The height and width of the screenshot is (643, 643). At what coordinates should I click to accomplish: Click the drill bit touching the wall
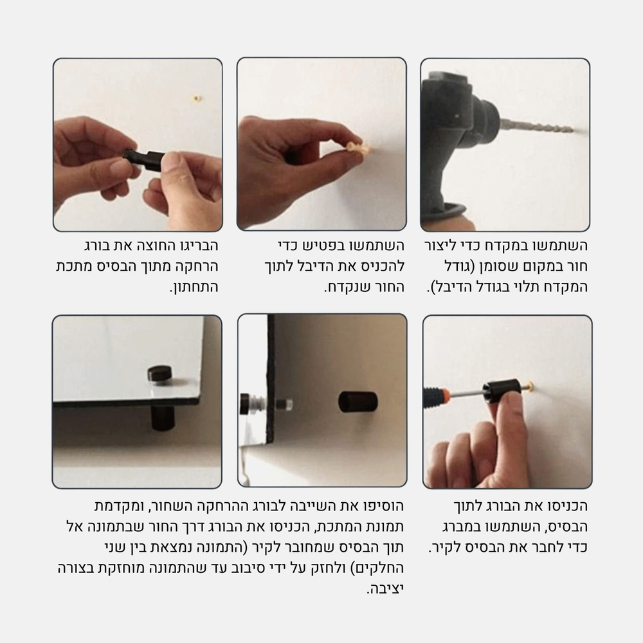[x=543, y=126]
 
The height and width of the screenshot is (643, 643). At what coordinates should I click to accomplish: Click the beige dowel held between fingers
[x=359, y=148]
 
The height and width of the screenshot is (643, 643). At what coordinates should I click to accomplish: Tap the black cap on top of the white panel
[x=160, y=373]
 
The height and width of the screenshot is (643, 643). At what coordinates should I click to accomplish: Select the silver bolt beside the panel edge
[x=284, y=405]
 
